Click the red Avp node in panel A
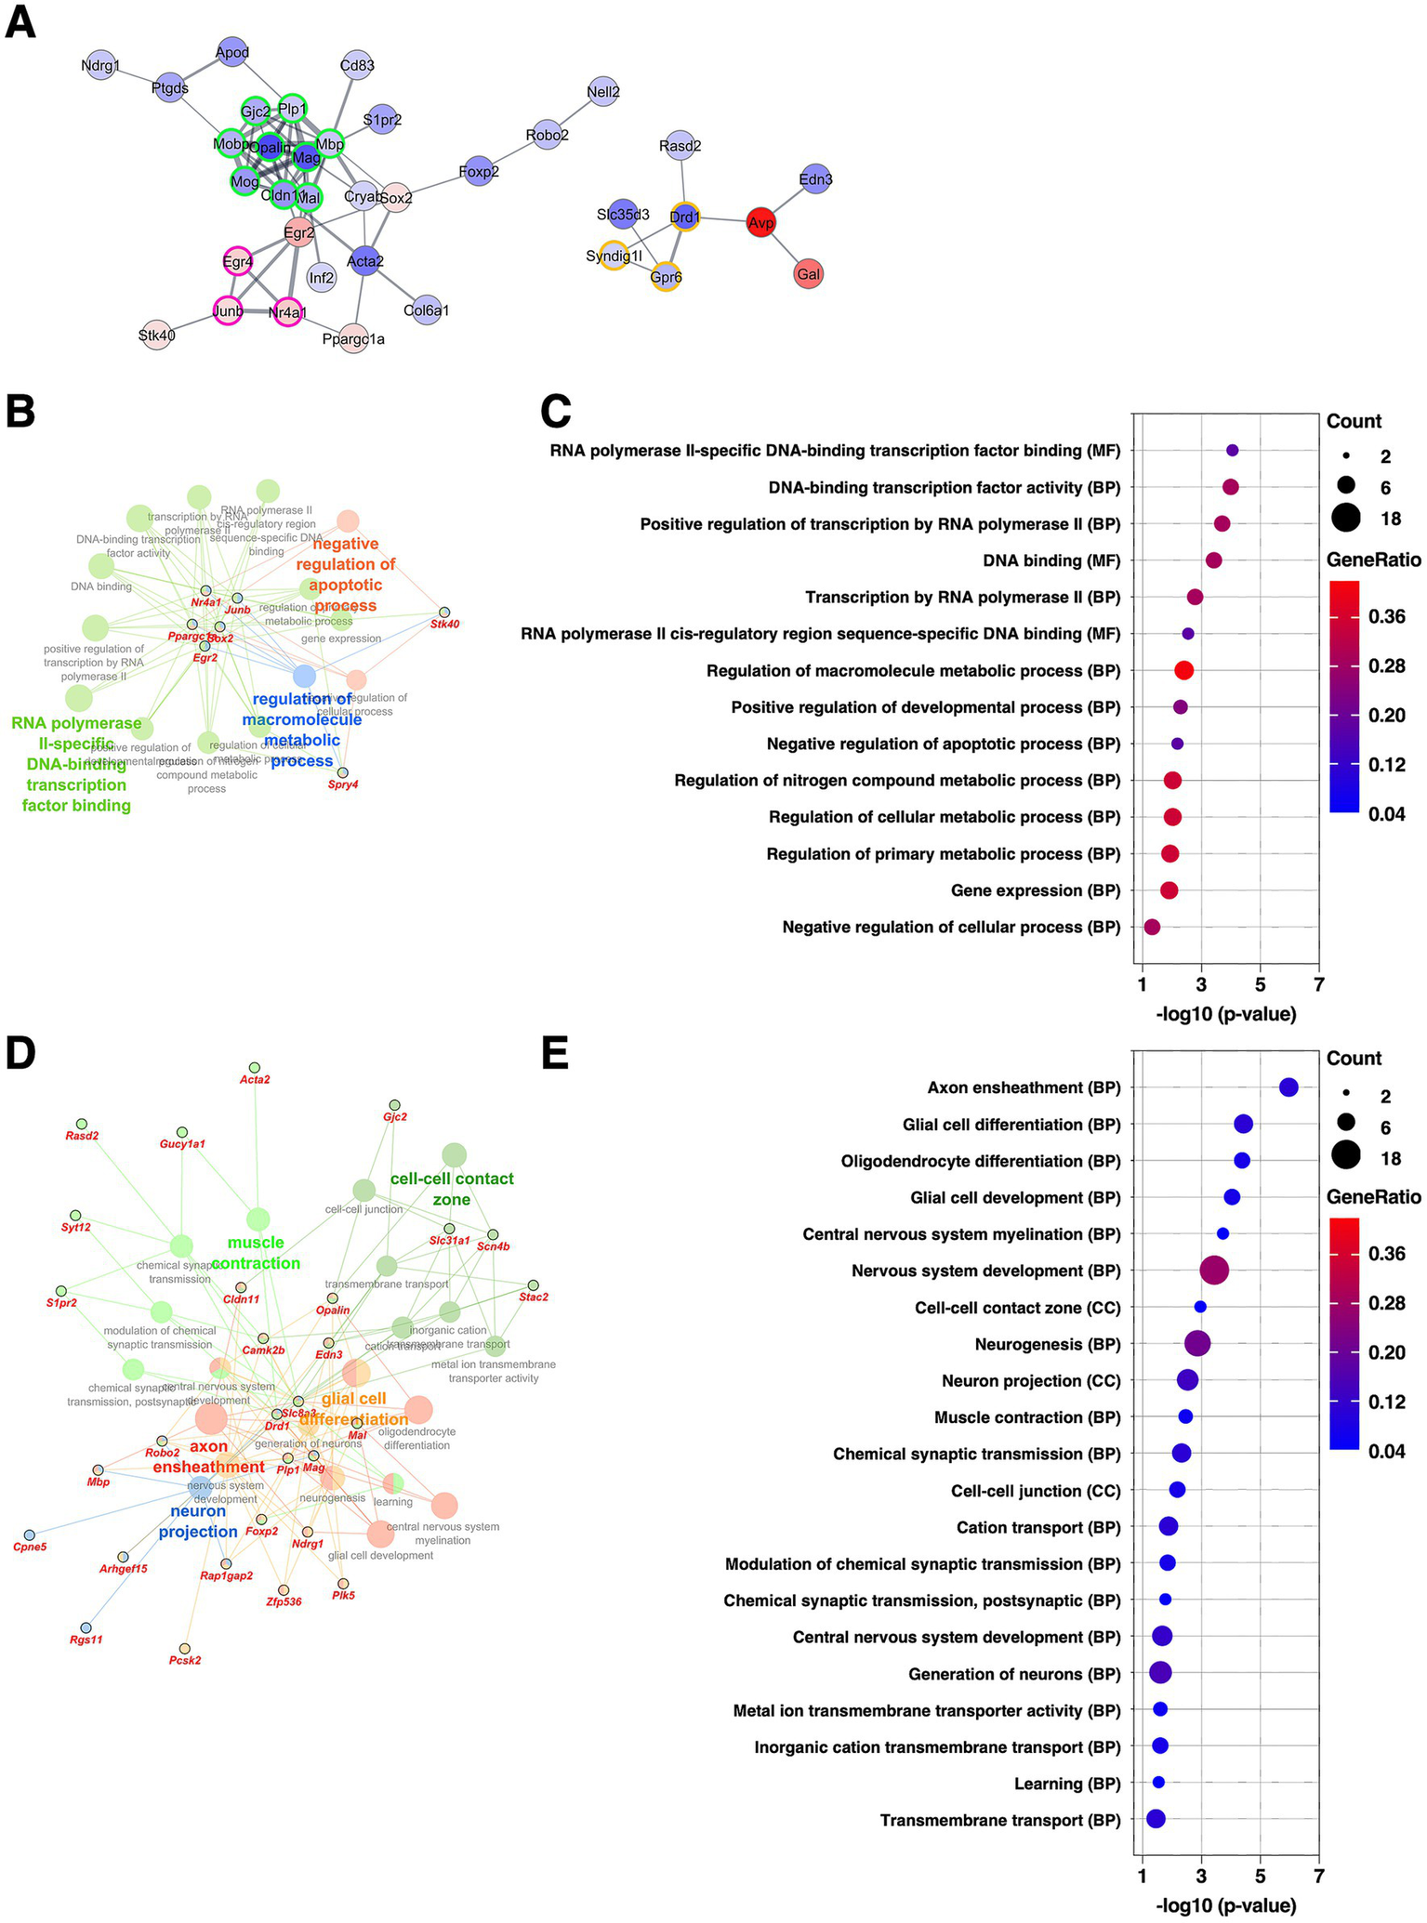tap(760, 223)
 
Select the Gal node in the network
tap(808, 273)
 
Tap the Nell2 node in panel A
tap(603, 91)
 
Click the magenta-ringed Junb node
tap(228, 311)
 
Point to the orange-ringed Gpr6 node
tap(666, 276)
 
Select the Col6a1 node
tap(427, 310)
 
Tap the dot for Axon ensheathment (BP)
tap(1288, 1087)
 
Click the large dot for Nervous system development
tap(1214, 1271)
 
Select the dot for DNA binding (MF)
tap(1213, 560)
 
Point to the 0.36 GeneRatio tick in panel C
tap(1386, 617)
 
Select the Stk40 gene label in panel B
tap(444, 624)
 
